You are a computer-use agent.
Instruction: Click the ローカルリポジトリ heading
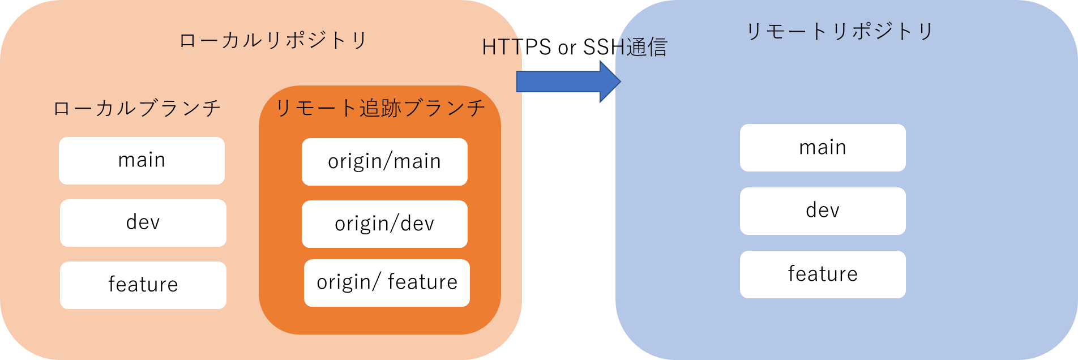(273, 41)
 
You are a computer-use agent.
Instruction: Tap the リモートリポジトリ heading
(840, 31)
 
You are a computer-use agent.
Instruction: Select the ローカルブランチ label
(137, 108)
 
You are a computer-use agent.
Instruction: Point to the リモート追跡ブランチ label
(380, 108)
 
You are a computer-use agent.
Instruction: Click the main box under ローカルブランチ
(142, 161)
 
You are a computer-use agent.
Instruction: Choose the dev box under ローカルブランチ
(143, 223)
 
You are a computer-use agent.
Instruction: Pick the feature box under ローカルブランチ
(143, 285)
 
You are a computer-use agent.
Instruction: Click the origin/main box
(384, 162)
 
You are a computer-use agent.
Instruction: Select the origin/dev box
(384, 224)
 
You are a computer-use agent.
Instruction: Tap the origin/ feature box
(387, 283)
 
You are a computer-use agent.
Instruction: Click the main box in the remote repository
(823, 148)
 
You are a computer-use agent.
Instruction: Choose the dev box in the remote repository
(823, 211)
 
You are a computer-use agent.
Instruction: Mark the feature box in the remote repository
(823, 275)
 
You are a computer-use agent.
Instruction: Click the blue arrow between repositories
(561, 82)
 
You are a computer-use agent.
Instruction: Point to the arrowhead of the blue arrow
(610, 82)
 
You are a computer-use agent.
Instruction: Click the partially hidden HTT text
(500, 48)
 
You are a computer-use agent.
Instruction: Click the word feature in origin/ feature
(422, 282)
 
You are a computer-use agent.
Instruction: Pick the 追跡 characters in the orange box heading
(380, 108)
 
